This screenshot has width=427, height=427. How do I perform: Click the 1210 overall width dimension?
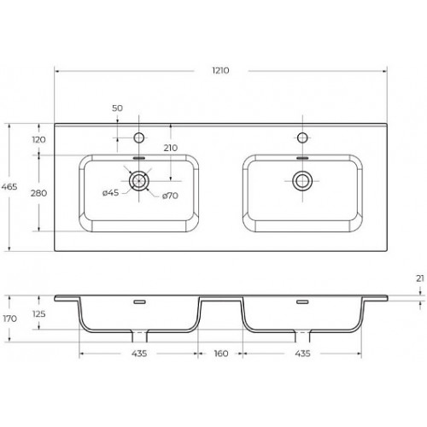pos(220,71)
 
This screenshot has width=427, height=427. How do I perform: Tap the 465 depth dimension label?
pos(9,187)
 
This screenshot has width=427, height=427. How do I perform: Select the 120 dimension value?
pos(38,140)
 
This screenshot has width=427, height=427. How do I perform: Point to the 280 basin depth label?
pos(38,193)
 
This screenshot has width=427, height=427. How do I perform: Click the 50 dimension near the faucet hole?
pos(117,108)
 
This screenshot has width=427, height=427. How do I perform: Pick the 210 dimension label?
pos(171,148)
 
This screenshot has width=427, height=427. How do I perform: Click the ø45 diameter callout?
pos(110,193)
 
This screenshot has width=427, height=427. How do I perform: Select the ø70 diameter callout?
pos(170,196)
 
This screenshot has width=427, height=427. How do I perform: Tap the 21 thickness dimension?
pos(420,278)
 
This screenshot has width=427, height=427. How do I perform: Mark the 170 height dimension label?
pos(10,319)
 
